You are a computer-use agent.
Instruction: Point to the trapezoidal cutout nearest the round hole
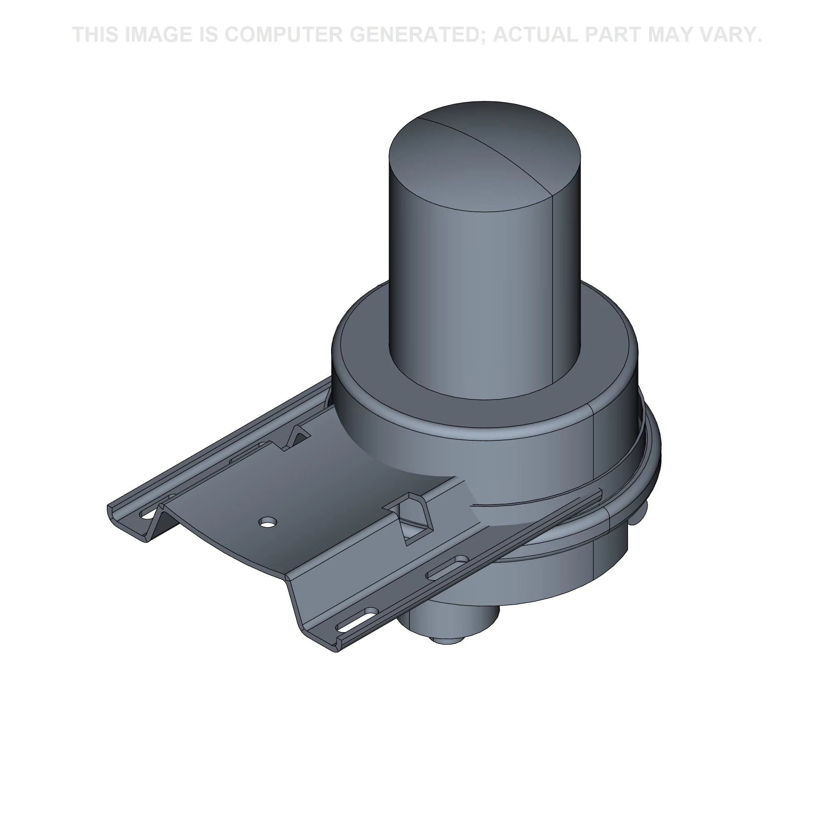coord(412,518)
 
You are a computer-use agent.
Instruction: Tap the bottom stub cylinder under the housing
coord(449,622)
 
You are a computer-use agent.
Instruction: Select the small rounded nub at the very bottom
coord(447,642)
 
